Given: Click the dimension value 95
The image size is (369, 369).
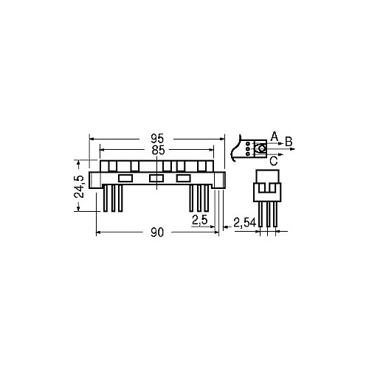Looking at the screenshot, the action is coord(157,139).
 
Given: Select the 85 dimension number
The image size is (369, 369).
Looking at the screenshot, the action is coord(158,151).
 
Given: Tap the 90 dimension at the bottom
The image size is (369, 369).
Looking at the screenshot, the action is coord(157,232).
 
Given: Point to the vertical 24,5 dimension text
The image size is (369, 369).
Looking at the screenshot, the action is coord(79,187).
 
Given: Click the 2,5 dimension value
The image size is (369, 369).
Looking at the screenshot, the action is coord(200,220).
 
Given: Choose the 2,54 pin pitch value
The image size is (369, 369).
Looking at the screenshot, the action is coord(244,223).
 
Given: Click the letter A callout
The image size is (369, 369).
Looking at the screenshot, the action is coord(274,136).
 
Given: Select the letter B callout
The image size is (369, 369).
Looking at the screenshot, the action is coord(289,142).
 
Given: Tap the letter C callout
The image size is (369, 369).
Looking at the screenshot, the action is coord(274,161).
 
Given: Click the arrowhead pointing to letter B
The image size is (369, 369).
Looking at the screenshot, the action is coord(292,149).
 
